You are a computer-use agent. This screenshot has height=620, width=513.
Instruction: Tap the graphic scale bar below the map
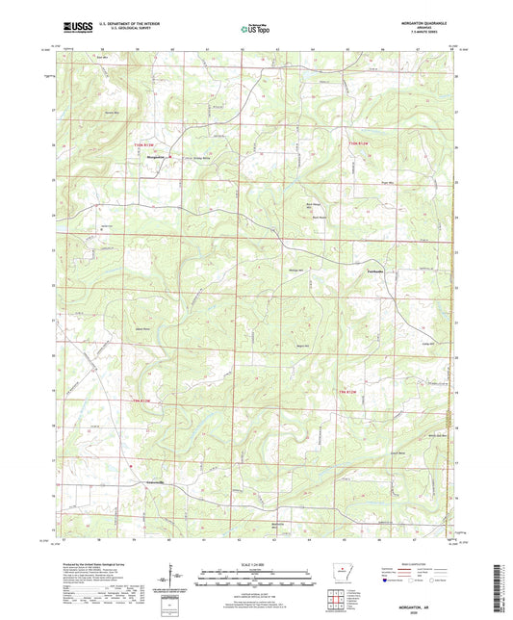255,578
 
